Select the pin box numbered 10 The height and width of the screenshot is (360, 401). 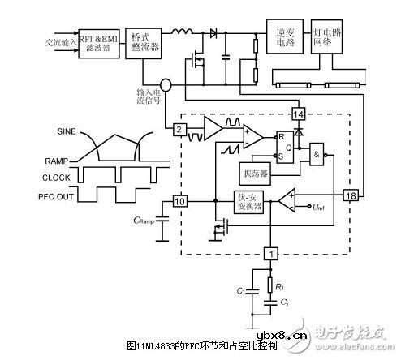pyautogui.click(x=181, y=200)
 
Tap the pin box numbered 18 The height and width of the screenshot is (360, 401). pyautogui.click(x=351, y=195)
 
